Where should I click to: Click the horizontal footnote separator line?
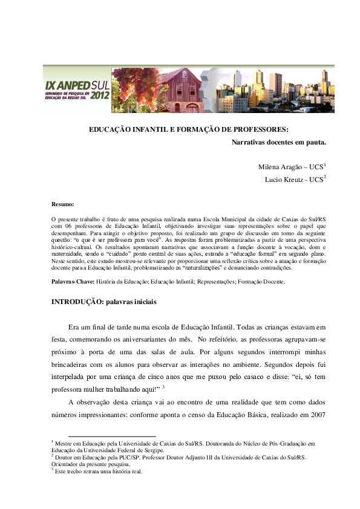coord(112,436)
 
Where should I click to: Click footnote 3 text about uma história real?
coord(100,472)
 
